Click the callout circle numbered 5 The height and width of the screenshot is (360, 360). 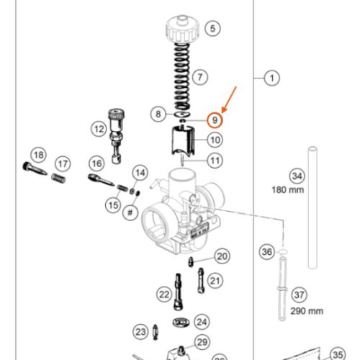(x=212, y=30)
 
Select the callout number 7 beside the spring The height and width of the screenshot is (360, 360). (x=200, y=76)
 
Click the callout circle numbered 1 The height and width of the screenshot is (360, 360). (x=271, y=77)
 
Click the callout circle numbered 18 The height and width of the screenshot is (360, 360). (x=38, y=156)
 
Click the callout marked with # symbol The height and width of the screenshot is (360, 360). (x=131, y=212)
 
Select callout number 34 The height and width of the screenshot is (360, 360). (x=296, y=176)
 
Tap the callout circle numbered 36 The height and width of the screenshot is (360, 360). (x=266, y=252)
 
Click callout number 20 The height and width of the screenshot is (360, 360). (x=222, y=256)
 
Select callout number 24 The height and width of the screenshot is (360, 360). (x=202, y=322)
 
